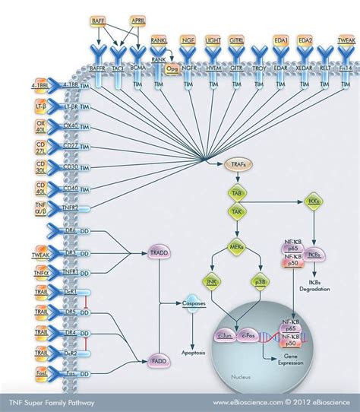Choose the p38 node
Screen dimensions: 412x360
pyautogui.click(x=261, y=282)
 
